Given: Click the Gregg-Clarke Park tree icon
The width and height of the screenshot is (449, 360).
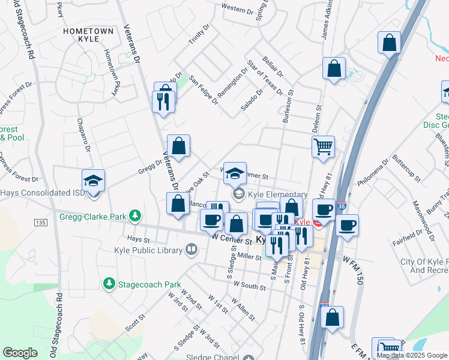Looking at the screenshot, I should (136, 215).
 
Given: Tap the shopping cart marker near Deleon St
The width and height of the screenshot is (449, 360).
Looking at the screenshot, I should (323, 146).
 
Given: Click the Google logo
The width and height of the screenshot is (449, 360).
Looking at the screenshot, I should (20, 353).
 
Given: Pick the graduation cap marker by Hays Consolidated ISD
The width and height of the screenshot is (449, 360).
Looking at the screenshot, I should (94, 181).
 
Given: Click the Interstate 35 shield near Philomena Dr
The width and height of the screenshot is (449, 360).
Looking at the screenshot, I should (342, 205).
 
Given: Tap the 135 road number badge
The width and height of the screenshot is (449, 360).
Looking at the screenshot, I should (40, 223).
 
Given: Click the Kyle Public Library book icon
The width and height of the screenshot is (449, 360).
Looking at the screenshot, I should (191, 248).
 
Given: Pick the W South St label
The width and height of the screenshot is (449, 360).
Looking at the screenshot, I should (250, 283).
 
